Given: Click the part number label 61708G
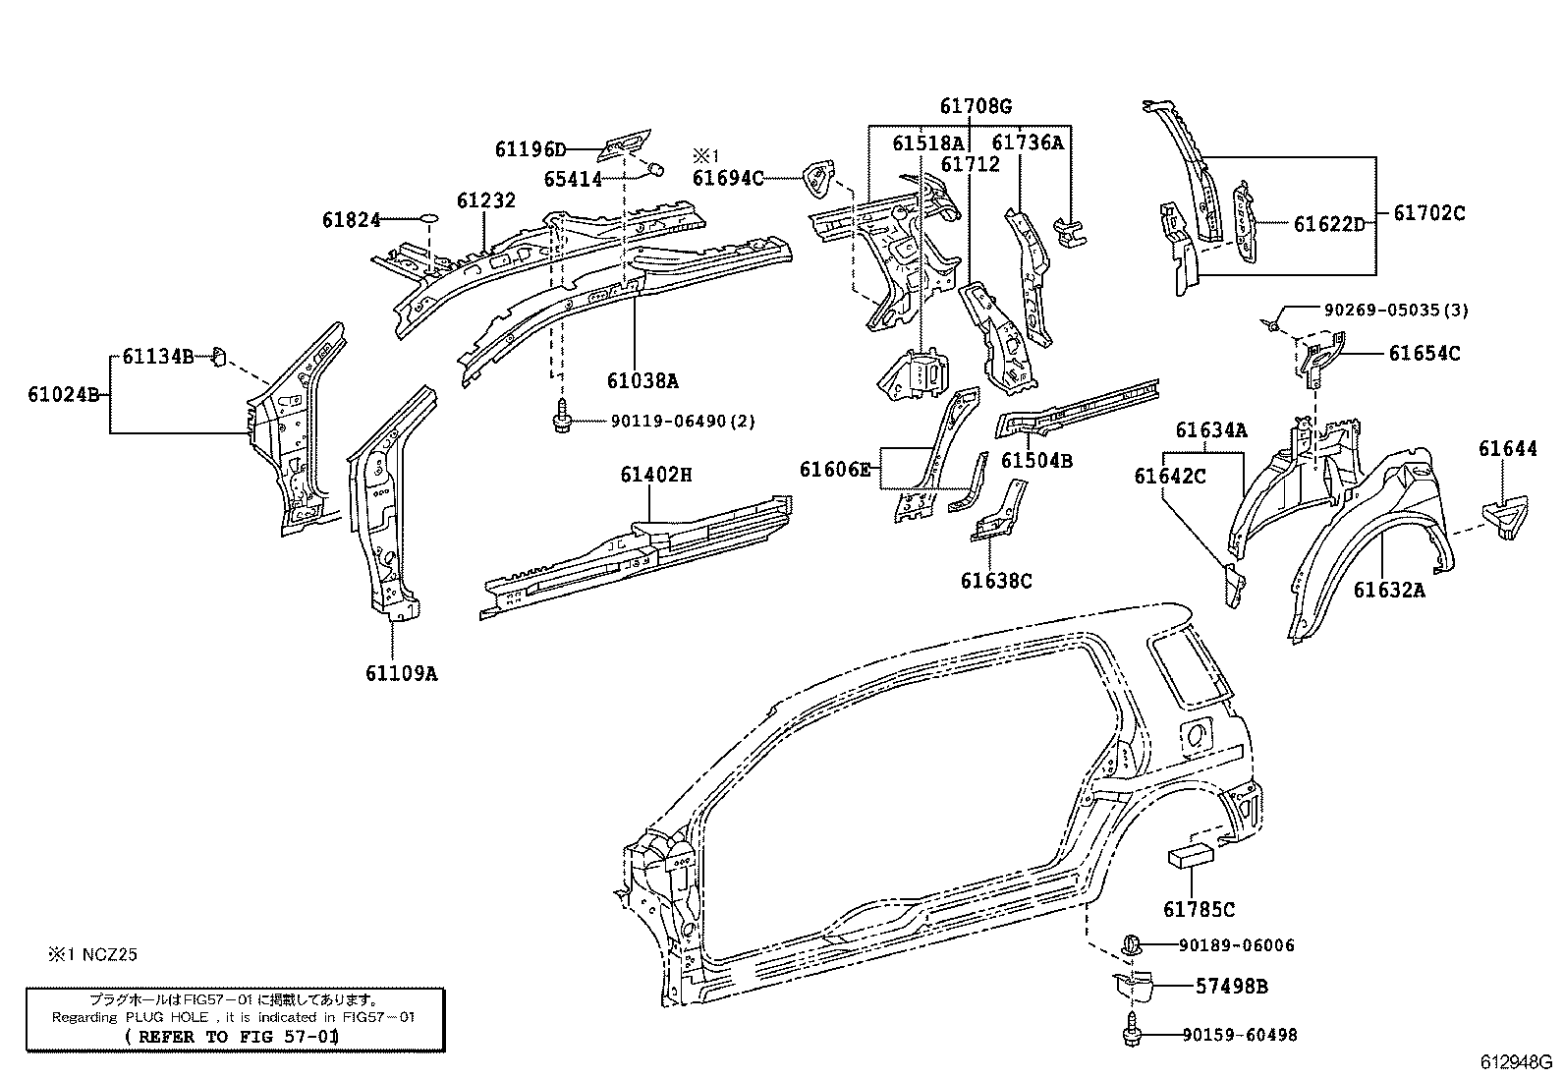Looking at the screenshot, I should (975, 107).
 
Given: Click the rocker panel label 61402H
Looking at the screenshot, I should (655, 476).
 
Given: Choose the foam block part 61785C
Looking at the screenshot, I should (1191, 857).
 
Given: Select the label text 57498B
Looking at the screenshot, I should (1231, 986).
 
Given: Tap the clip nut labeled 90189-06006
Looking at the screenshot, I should (1131, 944).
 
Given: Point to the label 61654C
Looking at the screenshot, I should (1424, 354).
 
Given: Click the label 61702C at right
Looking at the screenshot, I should (1428, 212).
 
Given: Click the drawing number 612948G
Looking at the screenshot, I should (1516, 1063).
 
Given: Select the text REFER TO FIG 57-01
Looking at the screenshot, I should (233, 1037).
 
